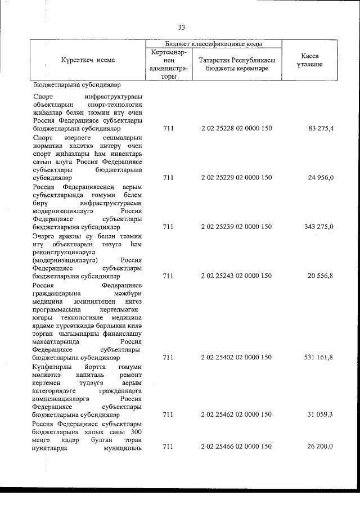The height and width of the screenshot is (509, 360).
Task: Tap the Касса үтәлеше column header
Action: pyautogui.click(x=310, y=61)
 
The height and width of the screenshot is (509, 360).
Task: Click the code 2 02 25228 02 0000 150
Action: pyautogui.click(x=236, y=129)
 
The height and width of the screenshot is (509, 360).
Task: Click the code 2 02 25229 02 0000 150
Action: pyautogui.click(x=236, y=178)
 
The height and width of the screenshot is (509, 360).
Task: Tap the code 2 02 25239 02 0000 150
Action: pyautogui.click(x=236, y=227)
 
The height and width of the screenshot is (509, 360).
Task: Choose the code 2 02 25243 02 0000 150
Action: pyautogui.click(x=236, y=276)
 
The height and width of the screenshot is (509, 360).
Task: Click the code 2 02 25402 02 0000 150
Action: pyautogui.click(x=236, y=357)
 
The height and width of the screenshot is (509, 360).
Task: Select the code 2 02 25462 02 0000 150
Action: pyautogui.click(x=236, y=415)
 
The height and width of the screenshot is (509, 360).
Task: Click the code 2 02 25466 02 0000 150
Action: pyautogui.click(x=236, y=447)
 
